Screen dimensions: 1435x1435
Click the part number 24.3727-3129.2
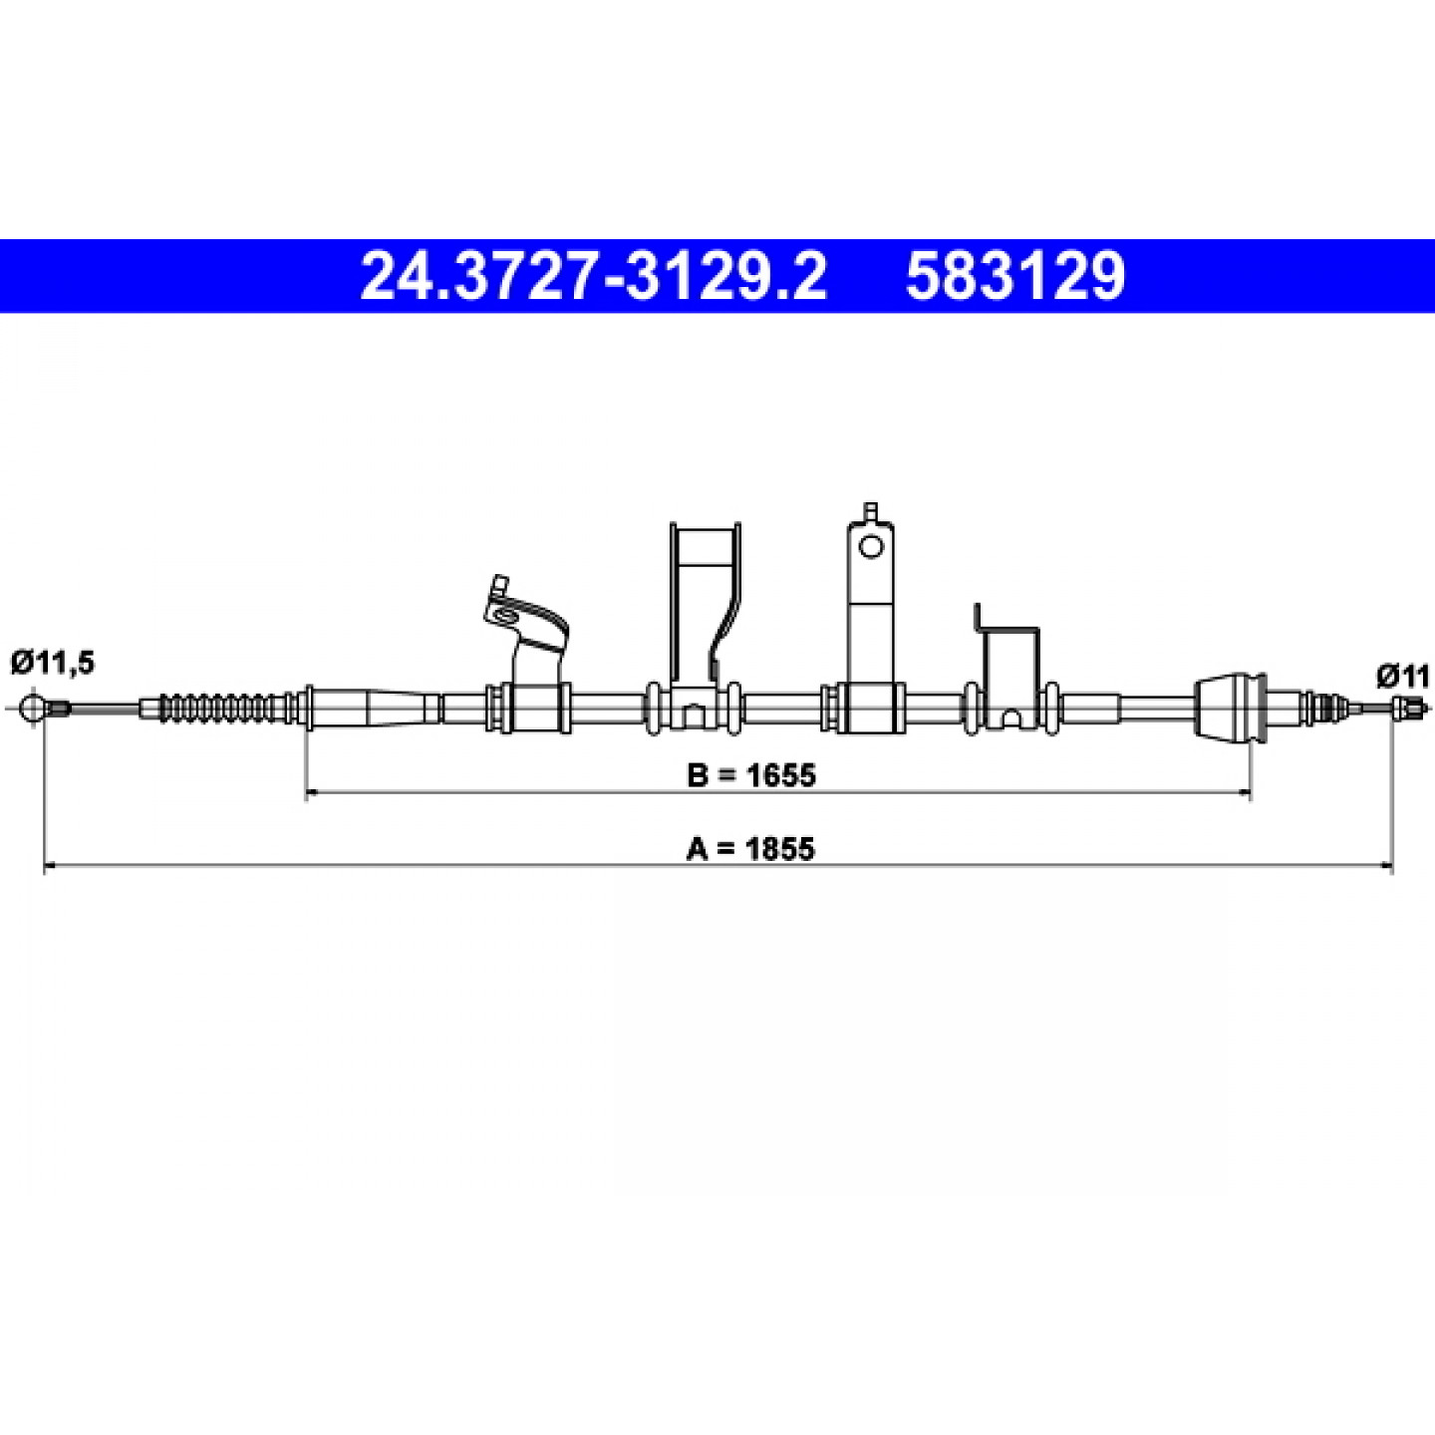pos(593,276)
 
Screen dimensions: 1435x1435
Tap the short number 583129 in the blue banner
pos(1015,276)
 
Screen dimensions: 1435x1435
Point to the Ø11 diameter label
pos(1403,677)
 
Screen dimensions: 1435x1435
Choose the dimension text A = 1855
pos(750,848)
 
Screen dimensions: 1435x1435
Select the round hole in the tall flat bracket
pos(870,547)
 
